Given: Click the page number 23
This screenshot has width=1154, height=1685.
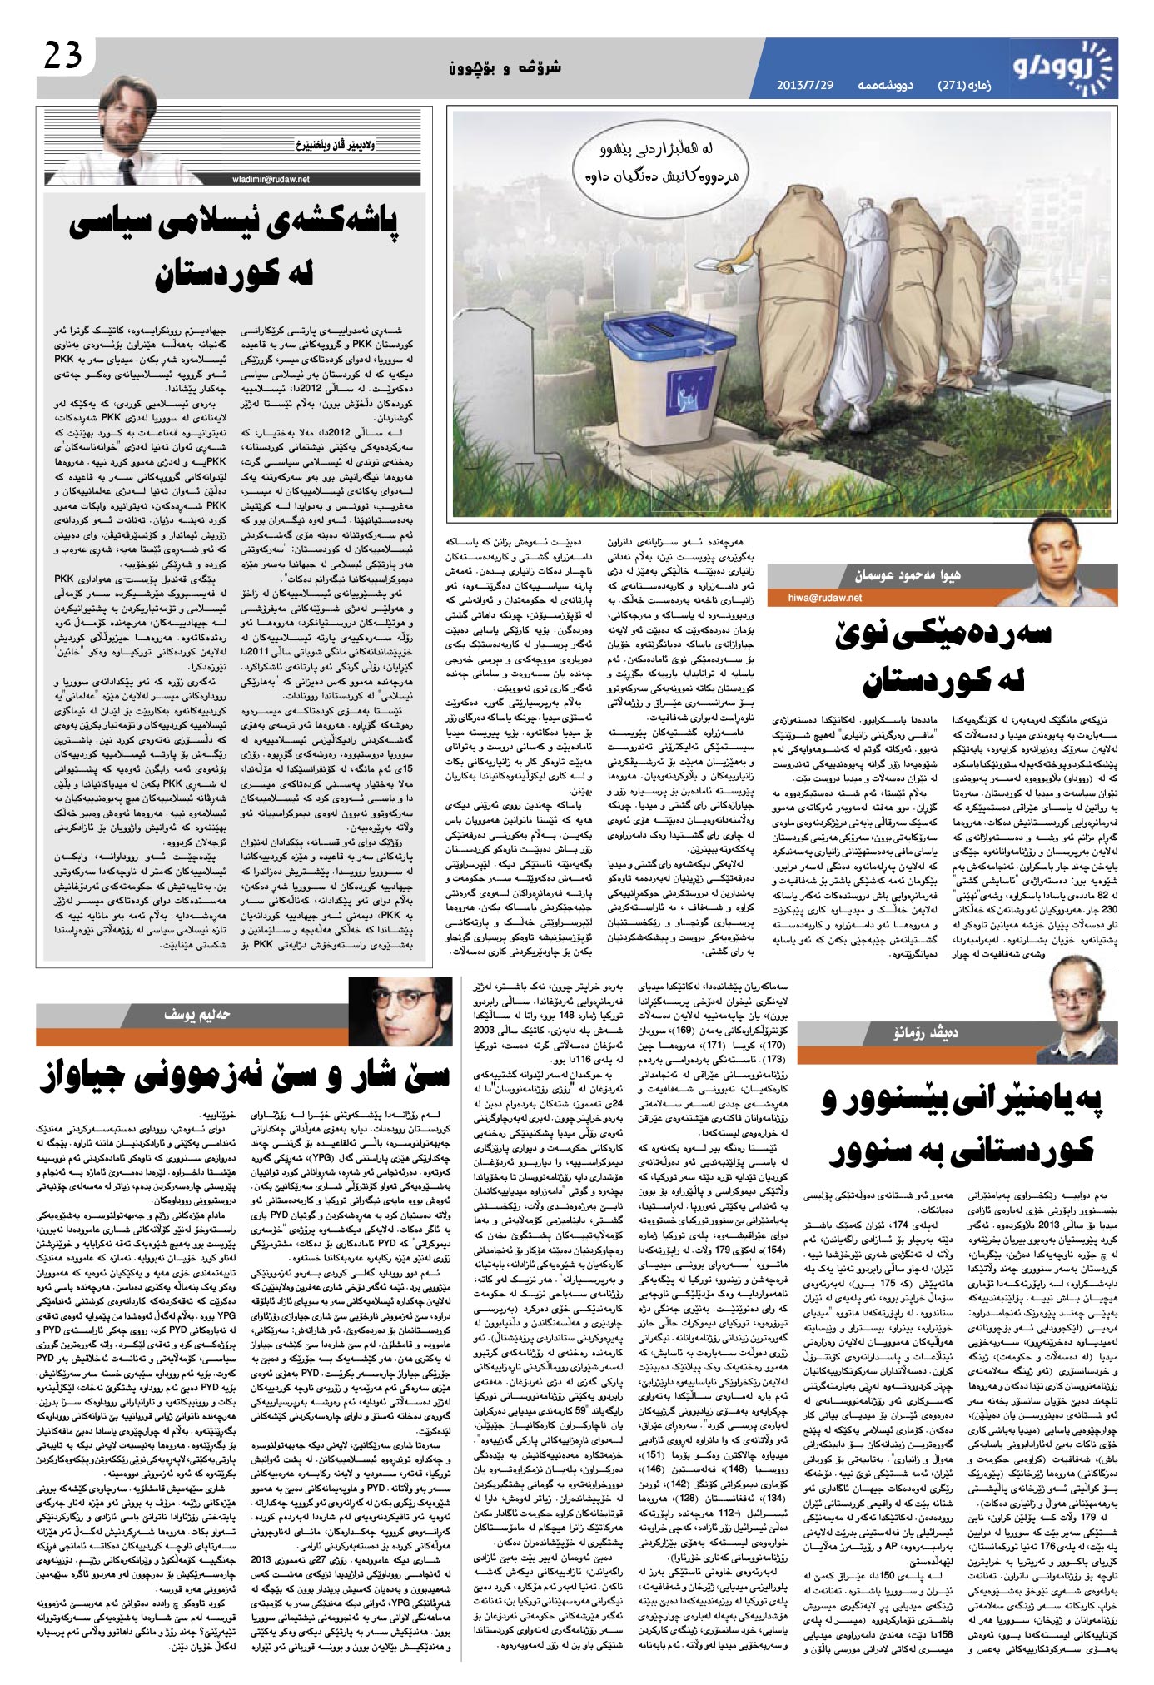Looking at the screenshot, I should [x=62, y=57].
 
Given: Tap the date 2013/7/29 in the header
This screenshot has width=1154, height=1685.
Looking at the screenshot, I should [x=805, y=86].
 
